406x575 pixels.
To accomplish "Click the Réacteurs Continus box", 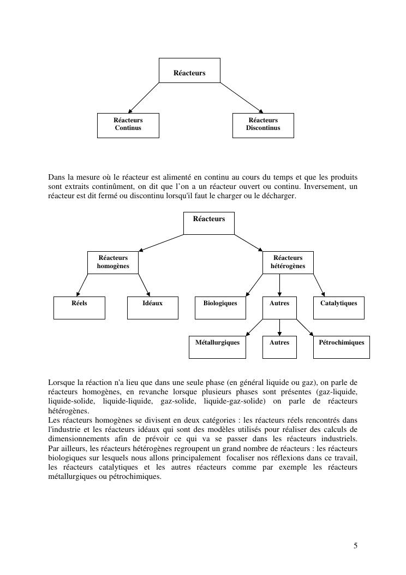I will pyautogui.click(x=128, y=125).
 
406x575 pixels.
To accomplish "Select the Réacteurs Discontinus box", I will pyautogui.click(x=263, y=125).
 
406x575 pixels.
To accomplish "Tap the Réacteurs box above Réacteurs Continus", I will pyautogui.click(x=189, y=70).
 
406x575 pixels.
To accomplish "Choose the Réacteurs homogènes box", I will pyautogui.click(x=113, y=262).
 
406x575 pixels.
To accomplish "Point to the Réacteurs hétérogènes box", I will pyautogui.click(x=288, y=262).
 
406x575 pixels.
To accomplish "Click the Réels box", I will pyautogui.click(x=79, y=307).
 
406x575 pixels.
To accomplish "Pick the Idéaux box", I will pyautogui.click(x=152, y=307).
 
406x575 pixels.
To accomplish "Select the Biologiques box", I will pyautogui.click(x=220, y=307).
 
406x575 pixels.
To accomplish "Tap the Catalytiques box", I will pyautogui.click(x=338, y=307).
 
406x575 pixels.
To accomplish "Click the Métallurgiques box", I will pyautogui.click(x=217, y=347).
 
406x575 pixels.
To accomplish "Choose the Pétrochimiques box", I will pyautogui.click(x=342, y=347).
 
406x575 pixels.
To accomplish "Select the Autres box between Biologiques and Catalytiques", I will pyautogui.click(x=279, y=307).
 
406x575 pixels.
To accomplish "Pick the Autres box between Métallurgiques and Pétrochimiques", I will pyautogui.click(x=279, y=347).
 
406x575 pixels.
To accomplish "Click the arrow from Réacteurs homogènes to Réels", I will pyautogui.click(x=82, y=285).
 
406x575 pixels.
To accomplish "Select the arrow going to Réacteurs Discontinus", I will pyautogui.click(x=242, y=98).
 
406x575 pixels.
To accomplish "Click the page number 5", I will pyautogui.click(x=356, y=546).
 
